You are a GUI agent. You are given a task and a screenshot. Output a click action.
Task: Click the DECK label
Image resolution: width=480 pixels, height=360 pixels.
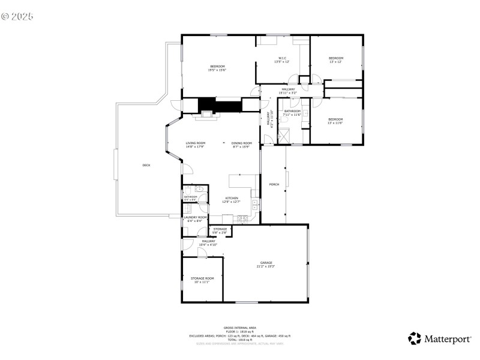coord(146,165)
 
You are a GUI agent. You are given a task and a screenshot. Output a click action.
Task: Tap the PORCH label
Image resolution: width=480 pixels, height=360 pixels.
coord(274,184)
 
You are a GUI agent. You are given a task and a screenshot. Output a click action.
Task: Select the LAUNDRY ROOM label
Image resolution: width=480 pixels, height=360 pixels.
coord(195,218)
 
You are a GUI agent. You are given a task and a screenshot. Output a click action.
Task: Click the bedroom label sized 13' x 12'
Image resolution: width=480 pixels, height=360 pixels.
coord(335,59)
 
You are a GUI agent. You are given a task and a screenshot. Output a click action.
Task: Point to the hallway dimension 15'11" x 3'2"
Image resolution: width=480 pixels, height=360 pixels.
coord(288,93)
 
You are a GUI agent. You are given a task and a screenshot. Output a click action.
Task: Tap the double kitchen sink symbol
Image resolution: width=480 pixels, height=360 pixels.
coord(254,205)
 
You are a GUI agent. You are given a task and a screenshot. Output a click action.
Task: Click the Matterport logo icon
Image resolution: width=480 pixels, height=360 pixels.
coord(415,338)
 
